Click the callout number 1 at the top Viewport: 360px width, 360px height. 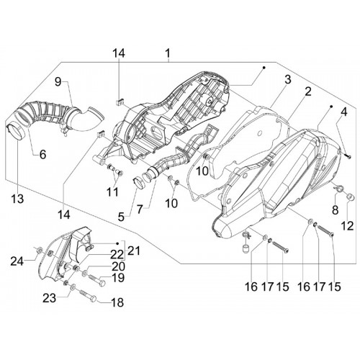168,53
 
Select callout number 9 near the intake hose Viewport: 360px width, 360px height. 58,82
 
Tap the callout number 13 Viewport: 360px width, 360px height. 17,199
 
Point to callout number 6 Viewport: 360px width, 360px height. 42,154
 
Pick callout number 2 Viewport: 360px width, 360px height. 308,91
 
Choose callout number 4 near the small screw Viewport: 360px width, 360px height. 344,112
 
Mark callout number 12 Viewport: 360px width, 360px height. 347,226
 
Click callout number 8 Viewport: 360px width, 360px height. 335,210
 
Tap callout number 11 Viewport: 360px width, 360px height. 112,192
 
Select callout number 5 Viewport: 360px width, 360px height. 121,217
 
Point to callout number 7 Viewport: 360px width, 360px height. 140,210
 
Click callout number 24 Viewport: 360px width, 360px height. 17,261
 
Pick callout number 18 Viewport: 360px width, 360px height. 117,302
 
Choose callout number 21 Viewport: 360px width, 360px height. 133,251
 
